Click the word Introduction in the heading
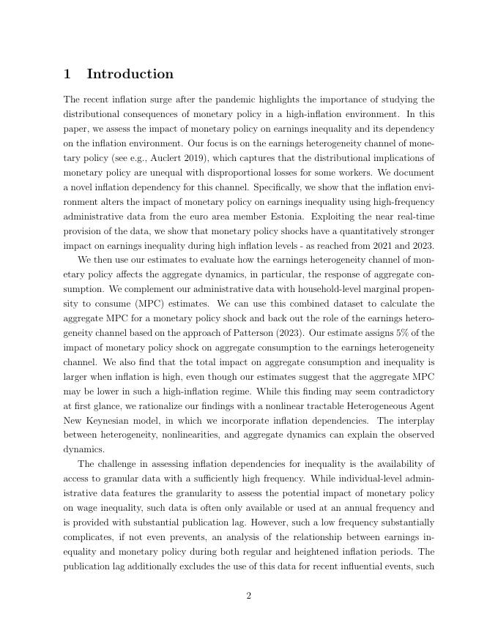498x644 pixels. coord(130,74)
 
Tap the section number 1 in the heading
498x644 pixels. coord(67,74)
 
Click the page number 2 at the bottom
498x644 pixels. coord(249,596)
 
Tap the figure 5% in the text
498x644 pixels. coord(406,333)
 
